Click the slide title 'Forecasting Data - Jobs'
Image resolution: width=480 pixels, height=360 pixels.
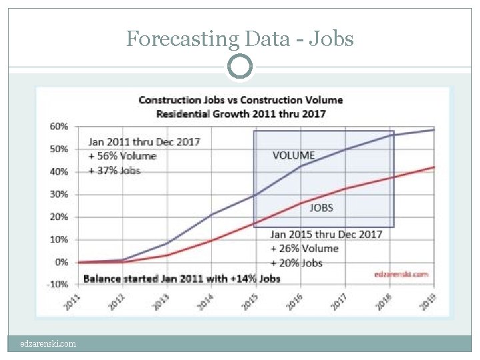240,39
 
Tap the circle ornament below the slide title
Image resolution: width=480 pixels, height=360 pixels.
240,67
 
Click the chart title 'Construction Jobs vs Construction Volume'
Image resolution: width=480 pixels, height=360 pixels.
240,100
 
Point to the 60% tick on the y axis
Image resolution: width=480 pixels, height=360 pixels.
59,126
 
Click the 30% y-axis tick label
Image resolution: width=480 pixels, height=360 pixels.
59,194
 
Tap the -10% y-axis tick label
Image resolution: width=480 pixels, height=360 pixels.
58,284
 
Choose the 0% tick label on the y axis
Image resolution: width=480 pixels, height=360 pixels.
61,262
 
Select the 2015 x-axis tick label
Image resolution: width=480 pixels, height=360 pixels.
249,302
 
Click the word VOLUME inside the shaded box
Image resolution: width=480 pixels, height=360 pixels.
293,155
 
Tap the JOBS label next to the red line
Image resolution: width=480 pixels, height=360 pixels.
321,207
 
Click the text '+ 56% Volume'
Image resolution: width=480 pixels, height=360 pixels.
123,156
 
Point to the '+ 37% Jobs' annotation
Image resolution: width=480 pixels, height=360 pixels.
115,170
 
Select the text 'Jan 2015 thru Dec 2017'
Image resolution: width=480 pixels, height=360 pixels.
326,234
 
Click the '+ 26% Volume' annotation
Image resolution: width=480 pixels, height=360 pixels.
305,248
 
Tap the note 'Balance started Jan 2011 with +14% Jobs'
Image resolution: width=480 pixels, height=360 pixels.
181,277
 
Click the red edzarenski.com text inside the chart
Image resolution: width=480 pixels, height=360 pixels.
401,273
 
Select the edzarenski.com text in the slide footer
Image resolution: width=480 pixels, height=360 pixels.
47,344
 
